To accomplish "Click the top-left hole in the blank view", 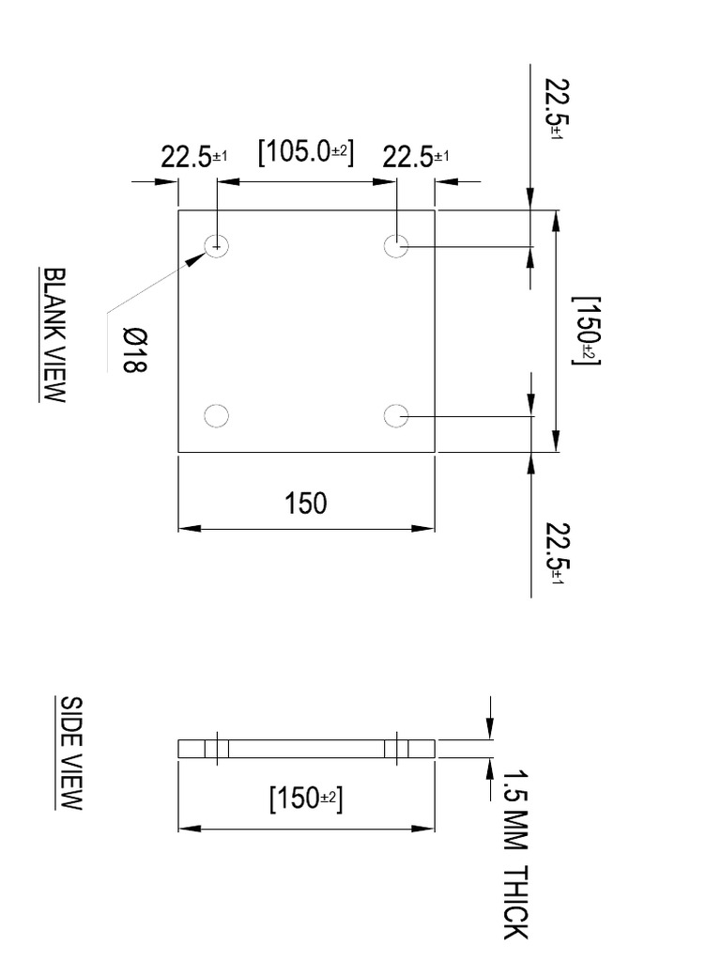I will click(x=217, y=246).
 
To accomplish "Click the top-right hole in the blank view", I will click(x=397, y=246).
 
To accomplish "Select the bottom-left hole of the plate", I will click(x=217, y=415).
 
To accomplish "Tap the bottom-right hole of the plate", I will click(x=397, y=415).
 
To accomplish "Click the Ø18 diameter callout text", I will click(x=135, y=349).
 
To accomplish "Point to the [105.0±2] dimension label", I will click(x=305, y=152).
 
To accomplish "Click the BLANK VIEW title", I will click(x=54, y=334).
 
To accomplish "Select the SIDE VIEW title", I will click(x=71, y=753).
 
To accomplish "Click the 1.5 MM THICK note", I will click(x=515, y=854).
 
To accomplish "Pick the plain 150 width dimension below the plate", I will click(x=306, y=504).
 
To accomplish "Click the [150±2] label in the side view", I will click(x=305, y=800).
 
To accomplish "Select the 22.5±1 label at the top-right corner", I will click(x=553, y=109).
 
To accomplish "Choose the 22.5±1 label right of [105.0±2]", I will click(x=415, y=158).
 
